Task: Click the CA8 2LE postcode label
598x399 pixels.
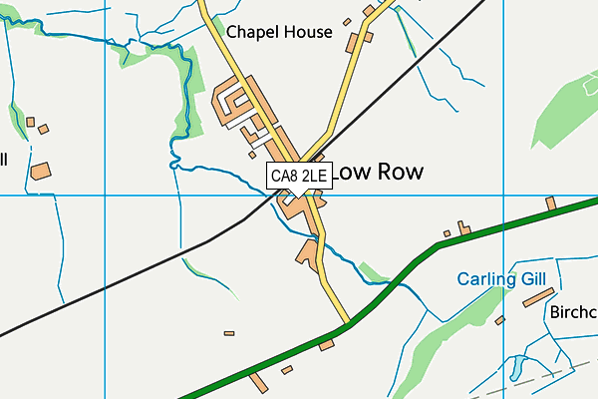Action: [299, 176]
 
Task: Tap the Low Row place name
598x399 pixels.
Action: [375, 172]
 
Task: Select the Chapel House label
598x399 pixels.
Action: [279, 32]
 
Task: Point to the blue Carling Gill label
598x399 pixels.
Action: [501, 280]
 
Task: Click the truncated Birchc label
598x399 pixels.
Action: [573, 312]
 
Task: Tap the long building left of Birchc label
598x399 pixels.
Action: [535, 298]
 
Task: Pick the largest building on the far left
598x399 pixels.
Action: [41, 171]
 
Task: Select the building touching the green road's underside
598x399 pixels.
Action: [326, 345]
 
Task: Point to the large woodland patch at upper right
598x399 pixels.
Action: [568, 110]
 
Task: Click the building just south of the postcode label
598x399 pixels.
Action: [296, 204]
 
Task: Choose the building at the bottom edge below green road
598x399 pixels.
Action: [259, 383]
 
